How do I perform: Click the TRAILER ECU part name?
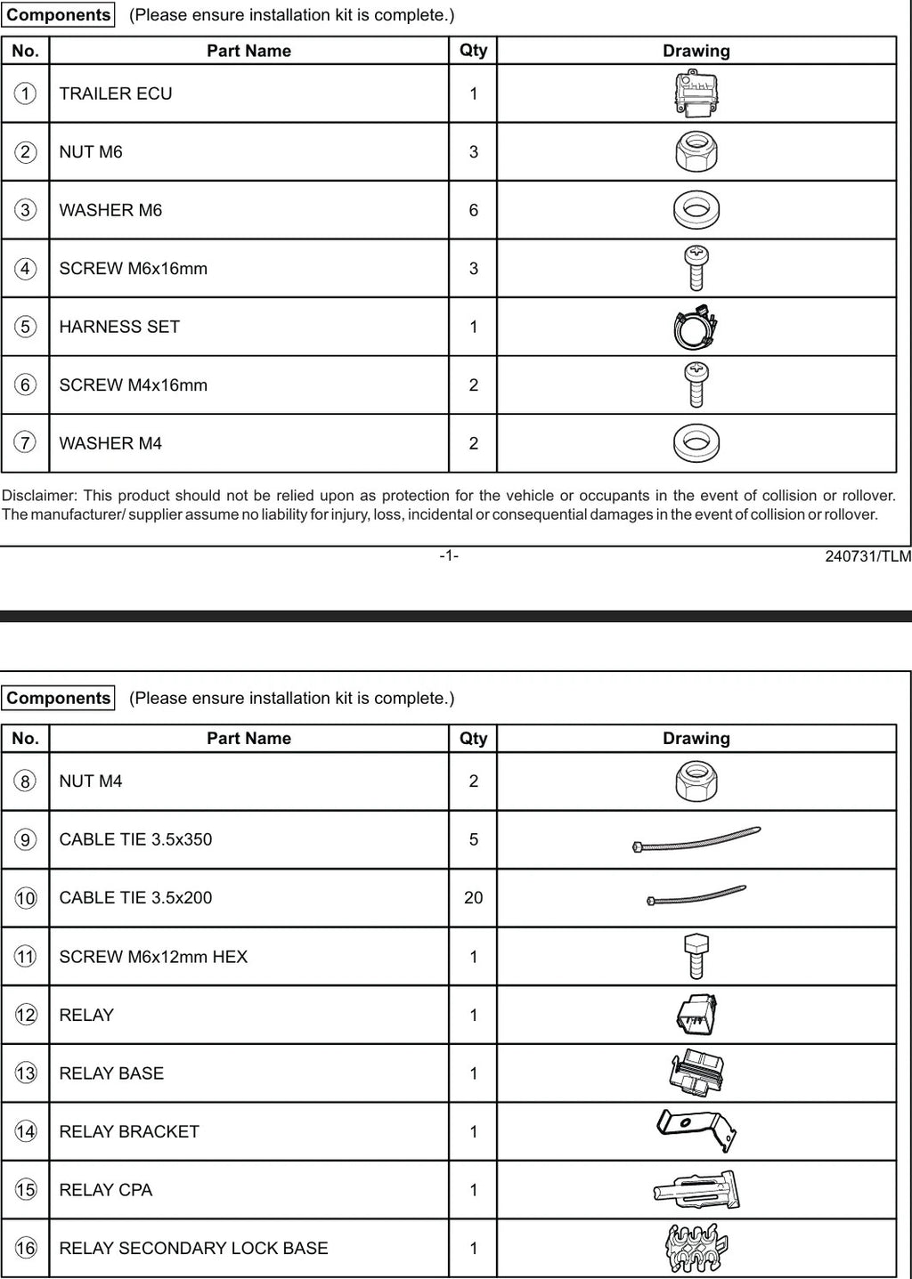point(116,93)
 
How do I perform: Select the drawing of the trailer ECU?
point(696,94)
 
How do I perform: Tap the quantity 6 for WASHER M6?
point(473,210)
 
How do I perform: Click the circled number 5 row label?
point(26,327)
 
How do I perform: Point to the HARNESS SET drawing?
point(696,328)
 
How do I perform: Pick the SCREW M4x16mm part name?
point(133,385)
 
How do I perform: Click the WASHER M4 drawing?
point(696,443)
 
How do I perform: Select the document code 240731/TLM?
point(867,556)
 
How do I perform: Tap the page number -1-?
point(449,556)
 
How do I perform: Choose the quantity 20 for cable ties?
point(473,898)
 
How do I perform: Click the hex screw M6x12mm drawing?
point(696,956)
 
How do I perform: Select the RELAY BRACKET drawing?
point(696,1130)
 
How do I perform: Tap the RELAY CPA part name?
point(105,1190)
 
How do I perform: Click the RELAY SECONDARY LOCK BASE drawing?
point(696,1248)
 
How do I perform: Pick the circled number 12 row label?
point(26,1016)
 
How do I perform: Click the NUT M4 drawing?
point(696,781)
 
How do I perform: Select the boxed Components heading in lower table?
point(58,699)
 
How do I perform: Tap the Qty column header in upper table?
point(473,51)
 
